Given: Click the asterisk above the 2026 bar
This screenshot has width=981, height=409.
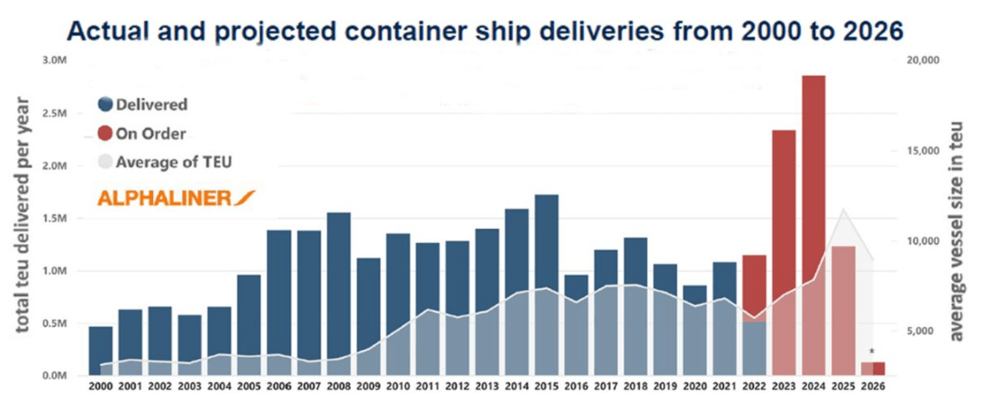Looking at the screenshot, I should click(x=871, y=352).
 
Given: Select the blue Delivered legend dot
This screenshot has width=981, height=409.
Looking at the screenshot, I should click(x=104, y=105).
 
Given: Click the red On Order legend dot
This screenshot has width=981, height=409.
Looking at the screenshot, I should click(x=104, y=133).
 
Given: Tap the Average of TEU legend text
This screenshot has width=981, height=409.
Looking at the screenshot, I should click(x=168, y=162).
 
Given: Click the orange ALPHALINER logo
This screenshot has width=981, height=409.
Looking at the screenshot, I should click(x=176, y=198).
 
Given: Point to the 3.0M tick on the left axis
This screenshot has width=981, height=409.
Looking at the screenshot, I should click(x=56, y=60).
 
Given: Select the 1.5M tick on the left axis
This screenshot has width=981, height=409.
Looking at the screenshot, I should click(x=56, y=218).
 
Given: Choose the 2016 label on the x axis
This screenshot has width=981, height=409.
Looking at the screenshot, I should click(x=576, y=387).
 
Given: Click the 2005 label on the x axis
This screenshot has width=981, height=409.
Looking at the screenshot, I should click(x=250, y=387).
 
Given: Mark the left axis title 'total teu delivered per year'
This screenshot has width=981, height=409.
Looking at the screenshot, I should click(x=23, y=216).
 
